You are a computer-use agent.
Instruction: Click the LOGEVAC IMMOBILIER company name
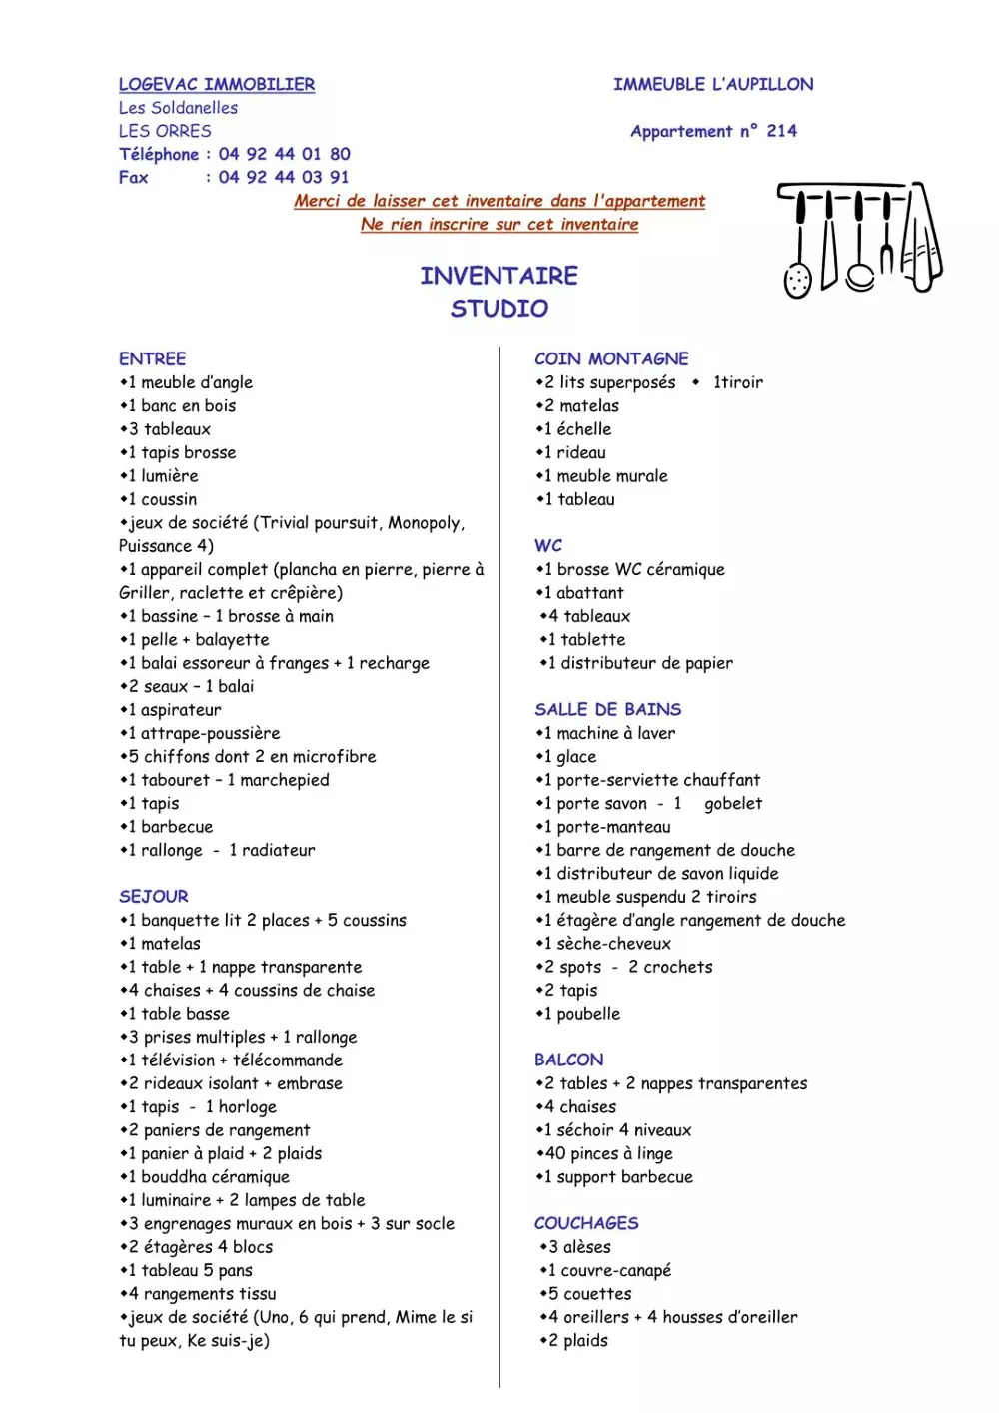[216, 85]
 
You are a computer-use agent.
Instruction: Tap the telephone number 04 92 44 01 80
[284, 154]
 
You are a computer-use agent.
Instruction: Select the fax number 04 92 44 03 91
[284, 178]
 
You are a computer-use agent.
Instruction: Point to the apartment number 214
[781, 131]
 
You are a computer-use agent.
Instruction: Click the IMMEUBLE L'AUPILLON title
[713, 85]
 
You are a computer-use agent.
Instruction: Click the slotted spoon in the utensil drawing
[797, 277]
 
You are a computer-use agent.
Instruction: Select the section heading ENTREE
[152, 359]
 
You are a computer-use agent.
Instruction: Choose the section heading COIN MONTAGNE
[611, 359]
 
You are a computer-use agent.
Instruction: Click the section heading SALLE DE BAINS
[607, 710]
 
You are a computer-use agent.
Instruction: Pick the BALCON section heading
[568, 1060]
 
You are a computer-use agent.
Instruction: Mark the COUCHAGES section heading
[586, 1224]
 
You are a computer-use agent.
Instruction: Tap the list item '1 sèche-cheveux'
[607, 944]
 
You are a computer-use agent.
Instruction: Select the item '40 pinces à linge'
[607, 1154]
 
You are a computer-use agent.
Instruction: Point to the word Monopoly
[424, 523]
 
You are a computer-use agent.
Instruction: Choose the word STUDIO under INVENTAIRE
[499, 309]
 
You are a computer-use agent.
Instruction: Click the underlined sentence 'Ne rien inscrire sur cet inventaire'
[499, 225]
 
